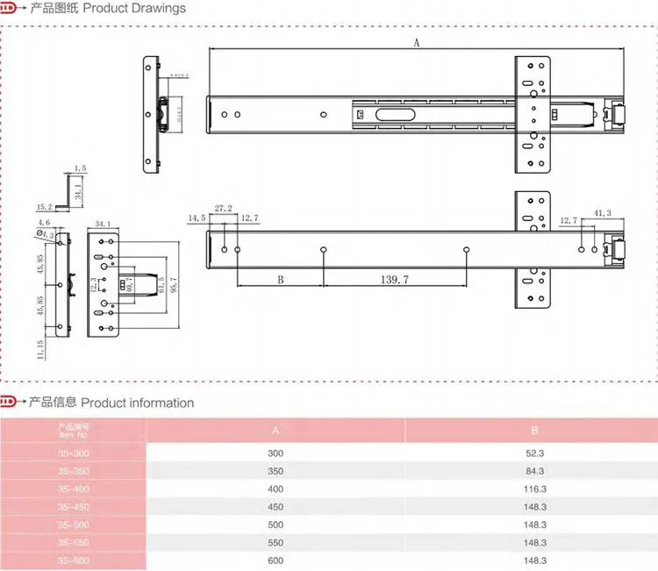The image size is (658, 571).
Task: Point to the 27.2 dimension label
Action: [x=223, y=209]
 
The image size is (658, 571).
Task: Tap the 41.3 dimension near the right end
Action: [x=603, y=213]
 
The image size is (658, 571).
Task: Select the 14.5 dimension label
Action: [x=197, y=217]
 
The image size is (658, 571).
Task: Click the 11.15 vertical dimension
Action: [x=39, y=349]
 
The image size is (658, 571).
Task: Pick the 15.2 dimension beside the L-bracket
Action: [x=44, y=207]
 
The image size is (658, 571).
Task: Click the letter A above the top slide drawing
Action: [x=417, y=42]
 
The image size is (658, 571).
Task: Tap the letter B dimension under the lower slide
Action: [x=280, y=281]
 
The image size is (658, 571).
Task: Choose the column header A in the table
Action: [x=275, y=431]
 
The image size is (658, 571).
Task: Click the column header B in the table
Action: [x=533, y=431]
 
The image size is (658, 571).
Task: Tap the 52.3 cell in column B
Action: [x=535, y=453]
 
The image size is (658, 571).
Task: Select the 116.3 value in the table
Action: [x=535, y=489]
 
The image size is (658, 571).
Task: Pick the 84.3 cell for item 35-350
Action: [x=535, y=471]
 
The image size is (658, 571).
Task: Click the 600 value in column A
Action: [x=275, y=560]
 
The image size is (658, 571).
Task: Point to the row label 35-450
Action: [x=74, y=506]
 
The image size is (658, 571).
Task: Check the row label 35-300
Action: [x=74, y=453]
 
